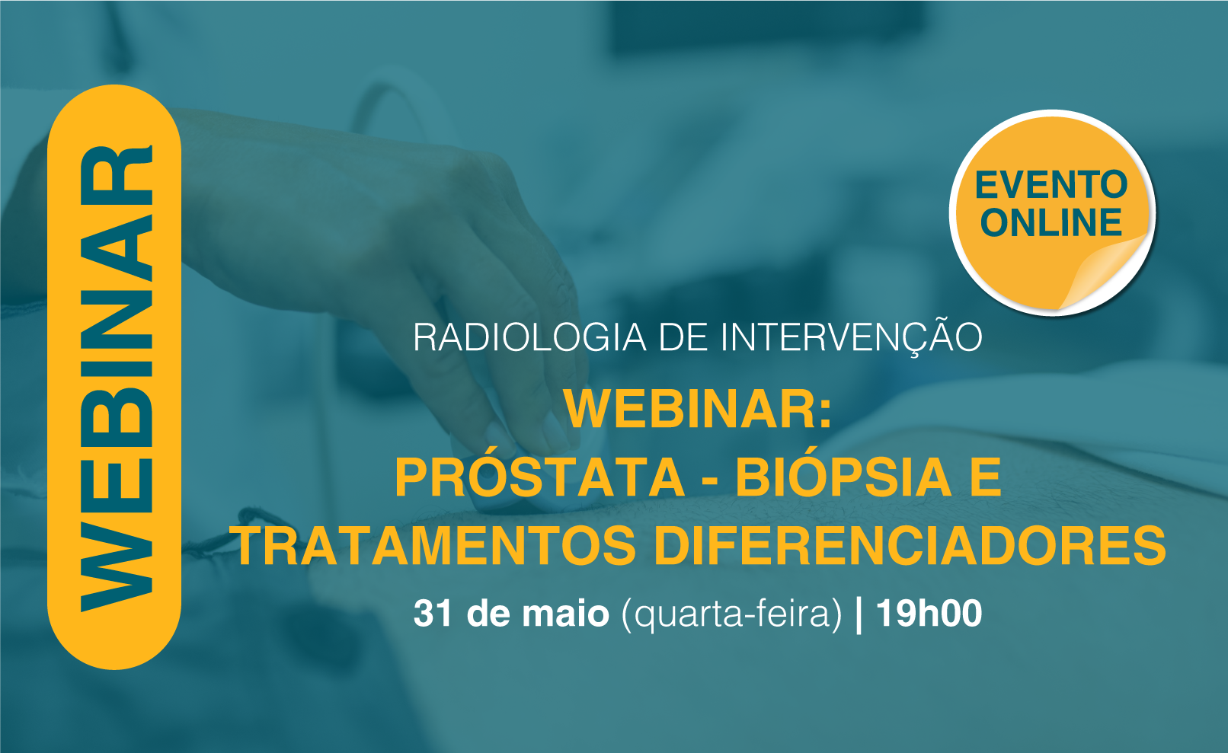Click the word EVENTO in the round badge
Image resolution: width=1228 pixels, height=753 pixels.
click(x=1051, y=185)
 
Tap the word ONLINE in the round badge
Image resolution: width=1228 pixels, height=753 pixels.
click(x=1051, y=222)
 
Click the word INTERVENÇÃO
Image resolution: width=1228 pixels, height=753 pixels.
click(x=851, y=337)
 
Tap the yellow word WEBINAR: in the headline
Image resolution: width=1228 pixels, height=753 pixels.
click(x=698, y=410)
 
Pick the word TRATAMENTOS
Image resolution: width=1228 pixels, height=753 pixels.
click(x=437, y=545)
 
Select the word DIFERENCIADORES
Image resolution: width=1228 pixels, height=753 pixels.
click(x=910, y=545)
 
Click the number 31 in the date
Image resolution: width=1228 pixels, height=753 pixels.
click(x=433, y=613)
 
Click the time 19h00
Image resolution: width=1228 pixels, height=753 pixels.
click(x=929, y=613)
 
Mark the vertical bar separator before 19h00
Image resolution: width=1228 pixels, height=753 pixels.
click(x=859, y=615)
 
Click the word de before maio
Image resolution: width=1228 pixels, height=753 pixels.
click(x=486, y=613)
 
